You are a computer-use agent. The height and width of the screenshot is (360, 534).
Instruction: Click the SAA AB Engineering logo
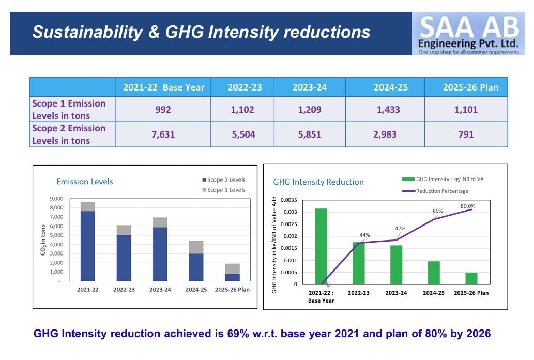pyautogui.click(x=468, y=34)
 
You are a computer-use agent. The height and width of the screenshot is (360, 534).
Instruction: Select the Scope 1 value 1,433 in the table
pyautogui.click(x=388, y=110)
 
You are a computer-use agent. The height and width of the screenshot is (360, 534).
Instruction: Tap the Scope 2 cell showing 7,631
pyautogui.click(x=163, y=134)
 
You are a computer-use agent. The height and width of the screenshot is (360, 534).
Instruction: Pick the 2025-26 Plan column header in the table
pyautogui.click(x=470, y=87)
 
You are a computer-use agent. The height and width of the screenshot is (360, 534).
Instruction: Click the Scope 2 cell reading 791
pyautogui.click(x=466, y=134)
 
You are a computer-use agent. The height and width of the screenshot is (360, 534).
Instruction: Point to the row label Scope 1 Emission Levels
pyautogui.click(x=69, y=110)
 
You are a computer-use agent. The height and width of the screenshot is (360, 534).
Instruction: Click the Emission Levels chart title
pyautogui.click(x=84, y=182)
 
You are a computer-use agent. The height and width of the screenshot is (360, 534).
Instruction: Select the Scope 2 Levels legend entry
pyautogui.click(x=224, y=179)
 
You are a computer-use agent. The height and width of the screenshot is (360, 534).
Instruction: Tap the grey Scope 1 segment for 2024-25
pyautogui.click(x=196, y=247)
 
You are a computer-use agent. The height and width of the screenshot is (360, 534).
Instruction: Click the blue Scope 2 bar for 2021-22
pyautogui.click(x=88, y=246)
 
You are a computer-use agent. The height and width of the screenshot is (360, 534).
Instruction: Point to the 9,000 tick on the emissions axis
pyautogui.click(x=56, y=199)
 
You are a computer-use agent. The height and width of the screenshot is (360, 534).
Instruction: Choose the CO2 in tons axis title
pyautogui.click(x=43, y=239)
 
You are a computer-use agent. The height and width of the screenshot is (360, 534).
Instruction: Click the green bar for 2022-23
pyautogui.click(x=359, y=263)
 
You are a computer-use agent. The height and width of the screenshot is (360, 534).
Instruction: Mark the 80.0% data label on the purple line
pyautogui.click(x=468, y=206)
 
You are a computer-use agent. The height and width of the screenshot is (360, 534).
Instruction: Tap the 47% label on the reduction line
pyautogui.click(x=400, y=229)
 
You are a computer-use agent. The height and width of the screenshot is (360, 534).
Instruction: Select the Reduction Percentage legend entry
pyautogui.click(x=435, y=191)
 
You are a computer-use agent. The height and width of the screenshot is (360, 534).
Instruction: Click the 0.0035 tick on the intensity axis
pyautogui.click(x=289, y=200)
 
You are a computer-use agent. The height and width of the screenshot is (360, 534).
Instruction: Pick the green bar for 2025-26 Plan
pyautogui.click(x=471, y=278)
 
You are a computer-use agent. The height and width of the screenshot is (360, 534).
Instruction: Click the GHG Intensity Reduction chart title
pyautogui.click(x=318, y=182)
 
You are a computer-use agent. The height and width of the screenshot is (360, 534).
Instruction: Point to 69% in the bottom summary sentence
pyautogui.click(x=238, y=334)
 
